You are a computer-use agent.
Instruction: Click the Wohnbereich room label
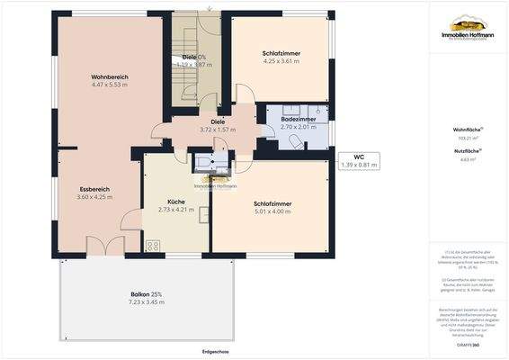pyautogui.click(x=110, y=76)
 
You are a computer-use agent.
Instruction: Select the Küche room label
pyautogui.click(x=175, y=202)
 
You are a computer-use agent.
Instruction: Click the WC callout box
pyautogui.click(x=358, y=160)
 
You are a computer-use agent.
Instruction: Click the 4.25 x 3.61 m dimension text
pyautogui.click(x=281, y=61)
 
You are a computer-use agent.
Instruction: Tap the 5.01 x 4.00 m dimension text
pyautogui.click(x=272, y=211)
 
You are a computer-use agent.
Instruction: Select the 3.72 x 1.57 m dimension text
pyautogui.click(x=218, y=129)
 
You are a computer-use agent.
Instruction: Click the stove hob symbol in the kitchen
pyautogui.click(x=153, y=244)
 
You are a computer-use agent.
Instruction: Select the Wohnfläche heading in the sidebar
pyautogui.click(x=466, y=130)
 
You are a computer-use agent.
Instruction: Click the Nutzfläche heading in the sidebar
pyautogui.click(x=466, y=151)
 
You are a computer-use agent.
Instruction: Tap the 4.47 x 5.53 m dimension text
pyautogui.click(x=110, y=85)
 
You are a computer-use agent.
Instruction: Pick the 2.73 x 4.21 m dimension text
pyautogui.click(x=175, y=210)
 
